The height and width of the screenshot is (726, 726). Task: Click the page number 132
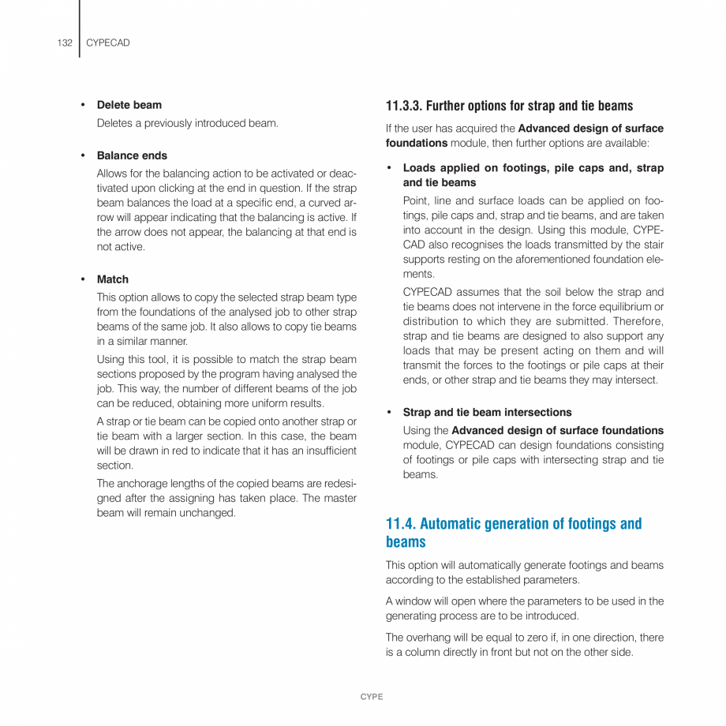tap(65, 43)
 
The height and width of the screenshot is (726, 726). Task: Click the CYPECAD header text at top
tap(108, 43)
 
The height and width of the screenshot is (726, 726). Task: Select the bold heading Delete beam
tap(129, 105)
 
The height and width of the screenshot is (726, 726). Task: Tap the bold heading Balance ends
tap(132, 155)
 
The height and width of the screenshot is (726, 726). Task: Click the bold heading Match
tap(112, 279)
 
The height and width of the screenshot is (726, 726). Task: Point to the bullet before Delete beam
tap(82, 105)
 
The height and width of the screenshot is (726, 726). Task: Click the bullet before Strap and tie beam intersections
tap(389, 412)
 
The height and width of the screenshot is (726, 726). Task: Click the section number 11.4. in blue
tap(401, 524)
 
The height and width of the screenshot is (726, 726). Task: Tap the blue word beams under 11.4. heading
tap(406, 542)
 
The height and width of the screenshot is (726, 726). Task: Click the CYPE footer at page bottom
tap(372, 697)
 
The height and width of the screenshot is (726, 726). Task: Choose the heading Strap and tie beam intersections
tap(487, 412)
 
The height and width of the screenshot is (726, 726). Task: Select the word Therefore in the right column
tap(638, 321)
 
